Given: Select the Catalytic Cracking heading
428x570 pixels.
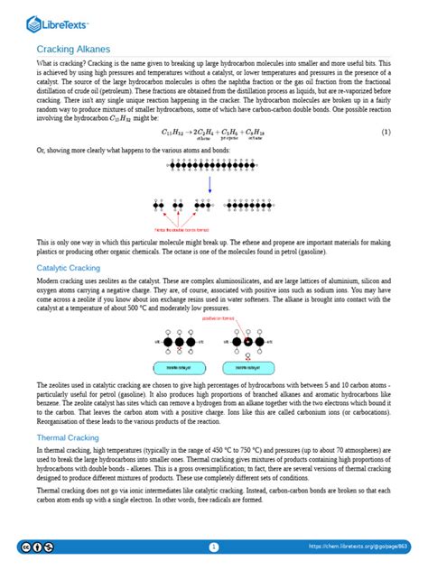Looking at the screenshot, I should coord(71,269).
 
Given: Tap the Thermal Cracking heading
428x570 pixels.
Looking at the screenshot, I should coord(69,437).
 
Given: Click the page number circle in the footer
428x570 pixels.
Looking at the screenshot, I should coord(214,547).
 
